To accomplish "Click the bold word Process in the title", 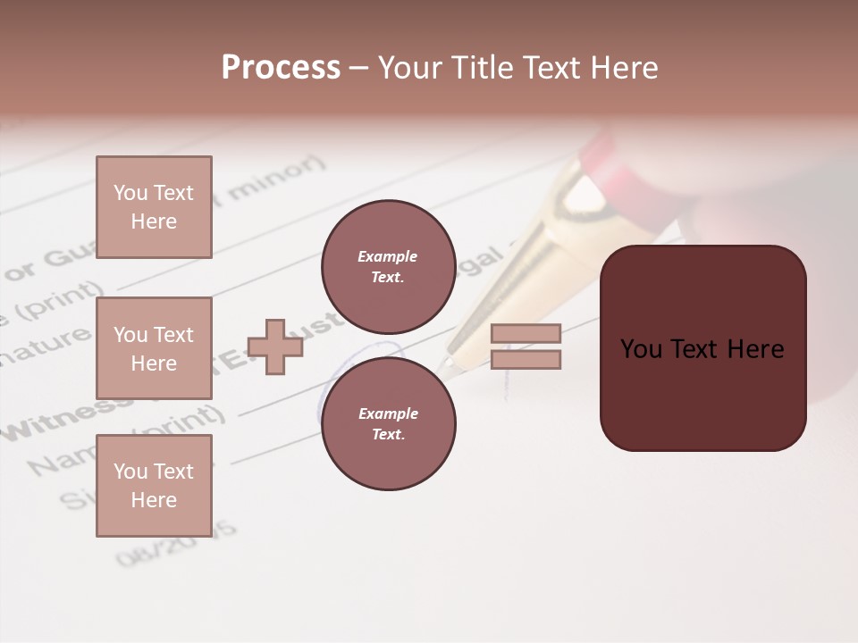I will click(x=281, y=67).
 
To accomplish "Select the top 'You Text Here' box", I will click(x=154, y=207).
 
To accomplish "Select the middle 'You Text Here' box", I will click(x=154, y=348).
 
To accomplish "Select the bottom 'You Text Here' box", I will click(x=154, y=485).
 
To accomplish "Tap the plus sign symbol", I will click(x=275, y=347).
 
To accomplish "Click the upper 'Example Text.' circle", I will click(x=388, y=267).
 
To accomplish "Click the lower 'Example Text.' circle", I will click(x=388, y=423).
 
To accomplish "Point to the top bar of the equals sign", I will click(x=526, y=333).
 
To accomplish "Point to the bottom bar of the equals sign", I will click(x=526, y=359).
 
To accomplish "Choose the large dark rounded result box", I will click(x=702, y=348).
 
